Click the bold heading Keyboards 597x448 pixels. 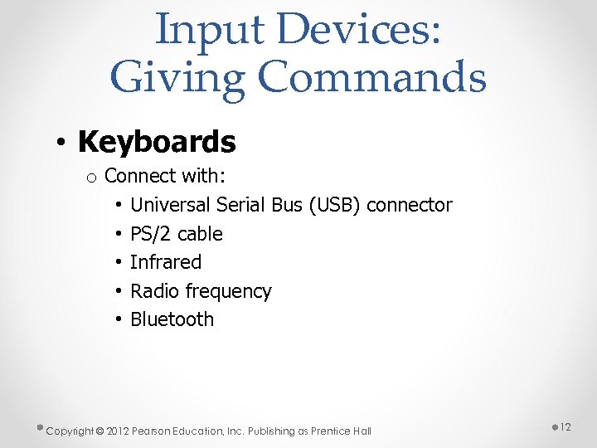157,142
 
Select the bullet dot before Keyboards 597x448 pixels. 63,143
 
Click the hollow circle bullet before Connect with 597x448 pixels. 92,178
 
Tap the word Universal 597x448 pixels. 170,205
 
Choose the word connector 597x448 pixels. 409,205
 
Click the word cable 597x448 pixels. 200,234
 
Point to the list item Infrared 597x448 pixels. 166,262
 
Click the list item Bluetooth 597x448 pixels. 172,319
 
